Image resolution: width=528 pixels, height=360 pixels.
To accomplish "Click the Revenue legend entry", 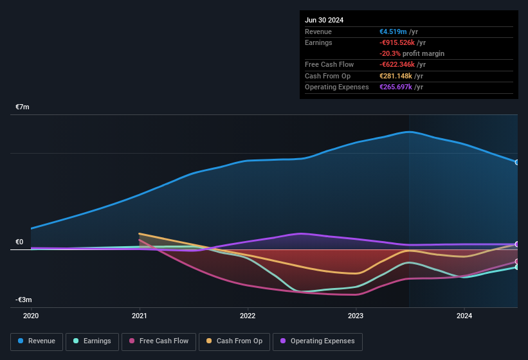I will pyautogui.click(x=37, y=341).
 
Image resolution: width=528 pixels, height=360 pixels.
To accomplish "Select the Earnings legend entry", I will pyautogui.click(x=93, y=341).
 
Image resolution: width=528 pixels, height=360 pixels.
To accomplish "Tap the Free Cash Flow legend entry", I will pyautogui.click(x=159, y=341).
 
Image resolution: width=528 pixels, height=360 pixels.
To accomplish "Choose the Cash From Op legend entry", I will pyautogui.click(x=234, y=341).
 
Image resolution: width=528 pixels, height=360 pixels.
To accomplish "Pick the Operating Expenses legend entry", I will pyautogui.click(x=317, y=341).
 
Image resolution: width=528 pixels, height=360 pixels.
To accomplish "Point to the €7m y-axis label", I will pyautogui.click(x=23, y=107).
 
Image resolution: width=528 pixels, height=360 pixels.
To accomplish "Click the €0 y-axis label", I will pyautogui.click(x=19, y=242).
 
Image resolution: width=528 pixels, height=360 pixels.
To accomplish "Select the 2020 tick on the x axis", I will pyautogui.click(x=31, y=316).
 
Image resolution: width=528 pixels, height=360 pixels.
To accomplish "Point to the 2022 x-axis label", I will pyautogui.click(x=248, y=316).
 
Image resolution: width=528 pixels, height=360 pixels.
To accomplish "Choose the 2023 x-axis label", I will pyautogui.click(x=356, y=316).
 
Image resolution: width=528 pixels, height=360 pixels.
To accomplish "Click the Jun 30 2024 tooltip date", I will pyautogui.click(x=324, y=20).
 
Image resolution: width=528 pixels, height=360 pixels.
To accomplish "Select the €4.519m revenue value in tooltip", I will pyautogui.click(x=393, y=32).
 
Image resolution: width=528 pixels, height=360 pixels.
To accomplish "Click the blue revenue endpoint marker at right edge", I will pyautogui.click(x=517, y=162).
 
